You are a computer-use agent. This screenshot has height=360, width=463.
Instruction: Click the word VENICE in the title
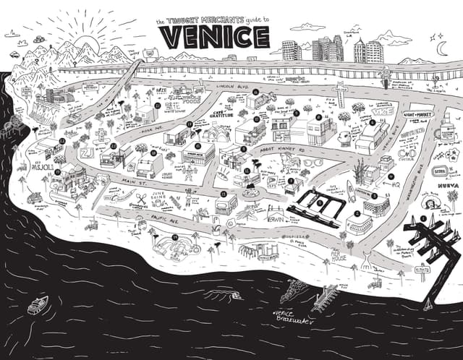tap(213, 36)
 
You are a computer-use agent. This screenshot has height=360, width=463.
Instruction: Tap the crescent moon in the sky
tap(441, 47)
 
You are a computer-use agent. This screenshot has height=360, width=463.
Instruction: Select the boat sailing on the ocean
tap(38, 304)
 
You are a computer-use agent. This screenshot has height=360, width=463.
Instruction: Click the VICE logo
tap(381, 113)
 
